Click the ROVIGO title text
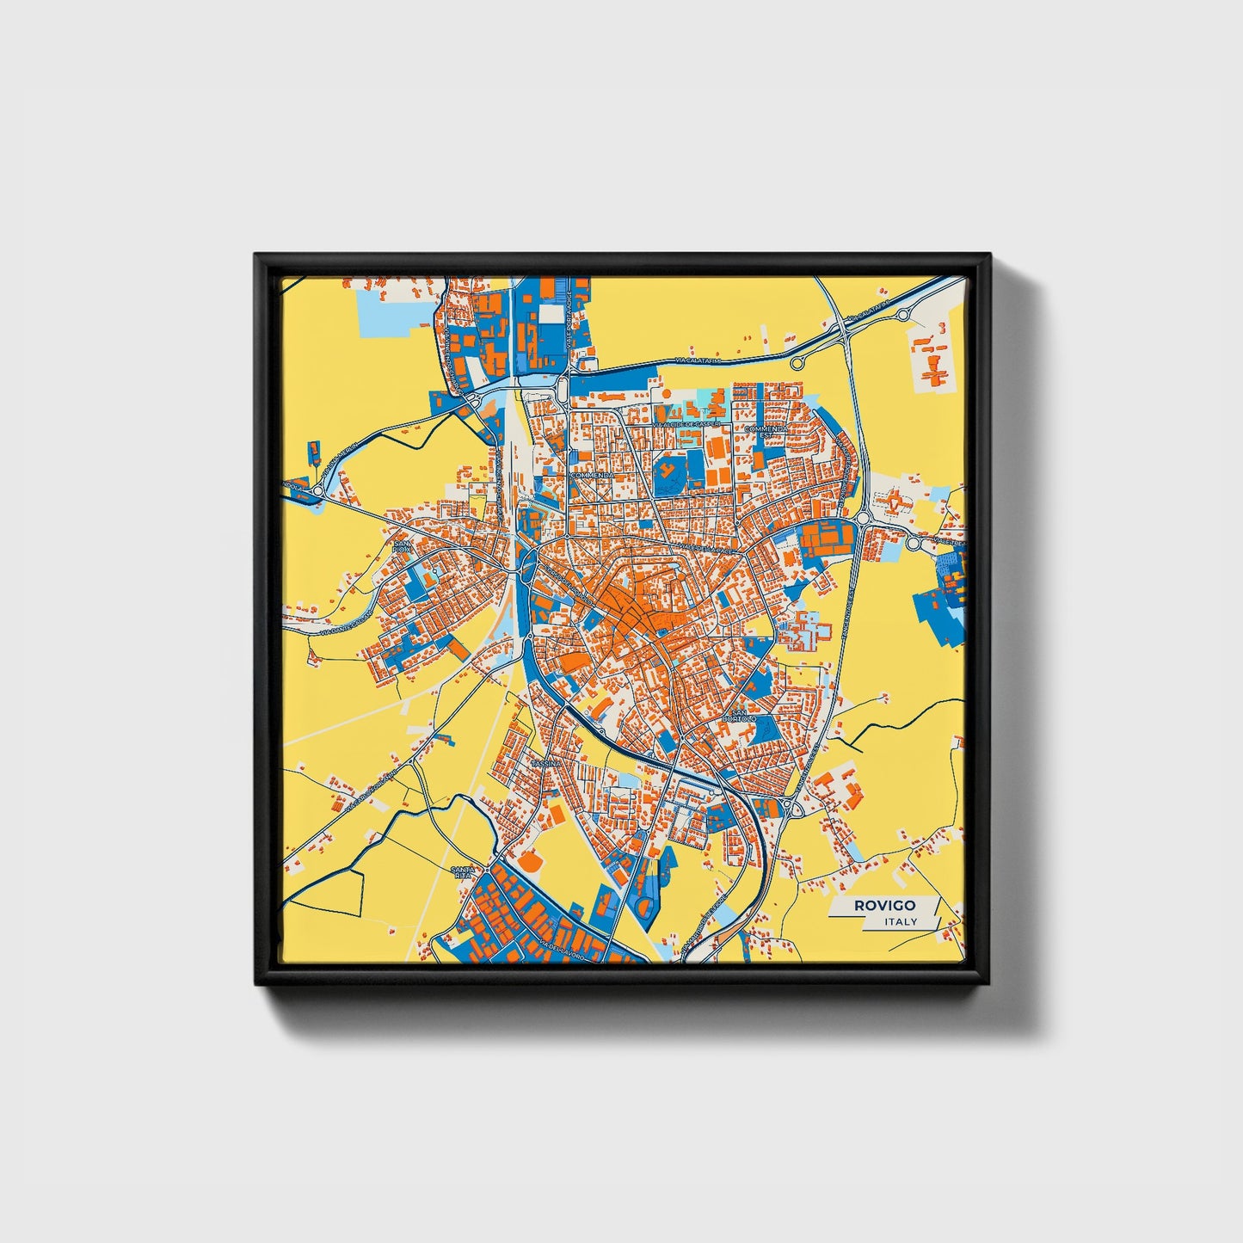(x=884, y=905)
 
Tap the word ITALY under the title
(x=901, y=921)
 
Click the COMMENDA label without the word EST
(x=592, y=475)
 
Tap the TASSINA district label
(x=546, y=763)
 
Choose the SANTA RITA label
(x=462, y=873)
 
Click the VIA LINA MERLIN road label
(x=337, y=464)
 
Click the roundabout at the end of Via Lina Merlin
(x=317, y=491)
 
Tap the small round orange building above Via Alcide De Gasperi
(x=665, y=393)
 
